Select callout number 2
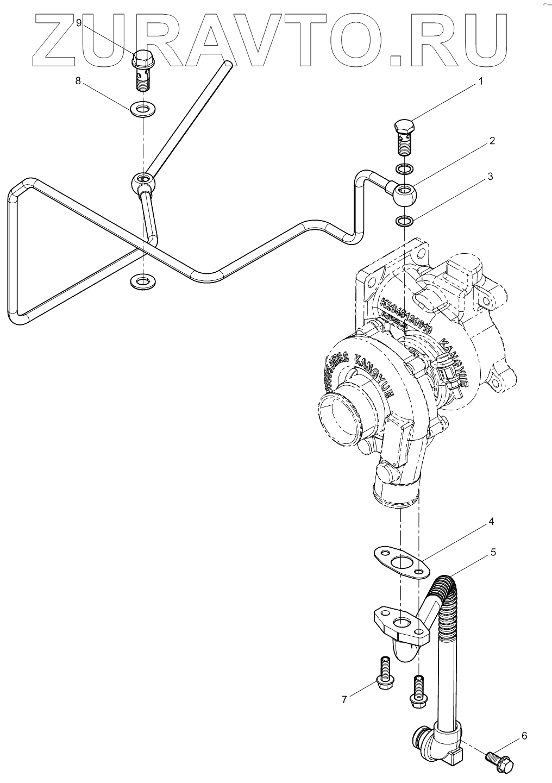pos(492,141)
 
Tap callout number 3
pos(490,177)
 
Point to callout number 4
pos(491,522)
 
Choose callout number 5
pos(493,552)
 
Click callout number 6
pos(524,736)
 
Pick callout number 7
pos(344,699)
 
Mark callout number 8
pos(78,81)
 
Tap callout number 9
pos(79,23)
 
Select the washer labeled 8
pos(143,109)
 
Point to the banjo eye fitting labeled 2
pos(405,193)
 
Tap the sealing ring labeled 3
pos(404,221)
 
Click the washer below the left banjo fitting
pos(142,281)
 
